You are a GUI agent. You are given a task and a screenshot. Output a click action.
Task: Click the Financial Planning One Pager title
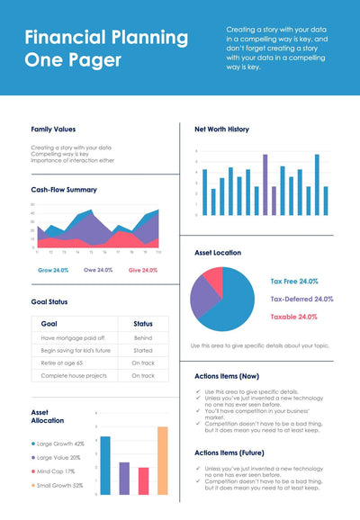click(106, 49)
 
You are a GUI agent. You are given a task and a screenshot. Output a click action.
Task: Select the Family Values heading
click(53, 130)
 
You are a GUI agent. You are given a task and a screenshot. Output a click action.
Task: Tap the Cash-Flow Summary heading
click(64, 190)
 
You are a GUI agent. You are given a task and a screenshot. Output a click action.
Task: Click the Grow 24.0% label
click(53, 270)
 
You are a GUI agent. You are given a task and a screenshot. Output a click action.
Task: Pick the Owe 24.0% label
click(98, 270)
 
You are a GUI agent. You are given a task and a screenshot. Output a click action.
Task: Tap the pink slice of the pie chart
click(212, 276)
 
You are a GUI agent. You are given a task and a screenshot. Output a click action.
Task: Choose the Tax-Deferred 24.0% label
click(301, 299)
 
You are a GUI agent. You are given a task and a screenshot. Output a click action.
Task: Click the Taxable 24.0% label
click(293, 317)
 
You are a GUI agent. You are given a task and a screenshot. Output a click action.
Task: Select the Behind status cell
click(143, 337)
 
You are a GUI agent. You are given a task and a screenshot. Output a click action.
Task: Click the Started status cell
click(143, 350)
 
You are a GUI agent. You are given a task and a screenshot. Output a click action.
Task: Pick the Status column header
click(143, 323)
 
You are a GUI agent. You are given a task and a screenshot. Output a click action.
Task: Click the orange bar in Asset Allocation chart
click(162, 461)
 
